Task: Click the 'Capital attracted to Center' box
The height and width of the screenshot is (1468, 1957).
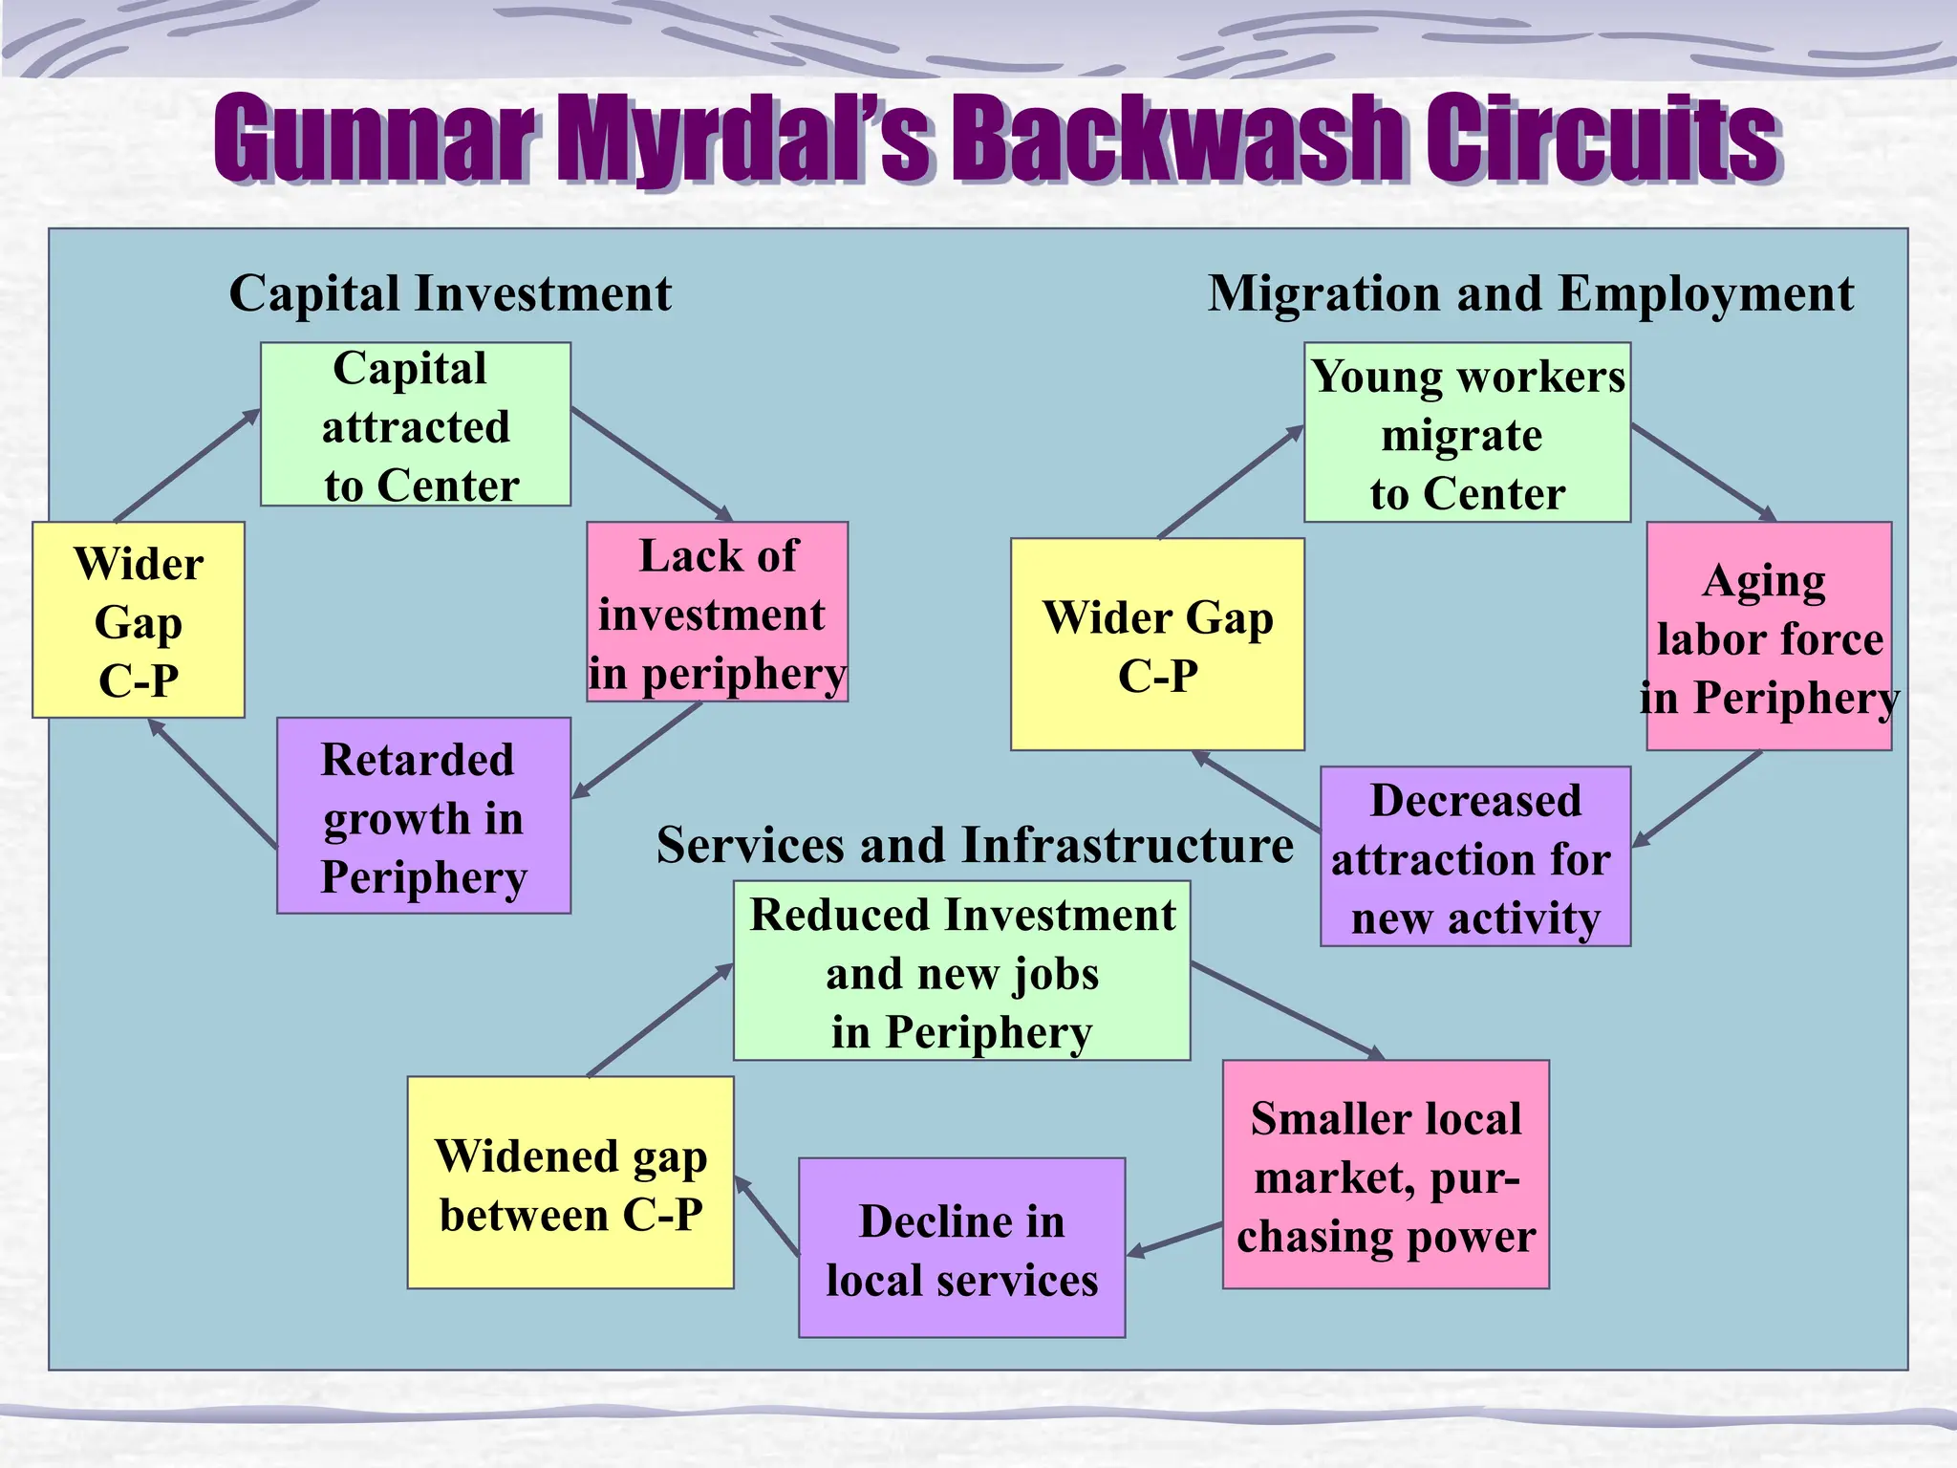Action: pyautogui.click(x=416, y=424)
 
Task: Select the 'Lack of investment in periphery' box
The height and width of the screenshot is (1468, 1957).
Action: pyautogui.click(x=717, y=612)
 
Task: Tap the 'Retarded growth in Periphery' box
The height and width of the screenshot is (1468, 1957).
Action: pyautogui.click(x=423, y=815)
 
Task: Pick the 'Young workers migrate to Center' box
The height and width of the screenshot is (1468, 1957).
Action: pyautogui.click(x=1467, y=432)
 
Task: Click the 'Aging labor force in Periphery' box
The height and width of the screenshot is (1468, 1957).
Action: pyautogui.click(x=1768, y=636)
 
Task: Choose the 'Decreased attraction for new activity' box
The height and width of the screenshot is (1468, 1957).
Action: pyautogui.click(x=1474, y=856)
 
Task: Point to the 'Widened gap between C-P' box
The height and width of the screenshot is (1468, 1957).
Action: pyautogui.click(x=570, y=1182)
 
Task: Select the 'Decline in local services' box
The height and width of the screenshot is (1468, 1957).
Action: pyautogui.click(x=961, y=1247)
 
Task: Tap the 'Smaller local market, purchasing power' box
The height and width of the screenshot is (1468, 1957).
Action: pyautogui.click(x=1386, y=1174)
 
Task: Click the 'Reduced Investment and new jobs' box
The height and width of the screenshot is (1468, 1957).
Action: pyautogui.click(x=961, y=970)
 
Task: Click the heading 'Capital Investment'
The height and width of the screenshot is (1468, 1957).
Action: pyautogui.click(x=450, y=292)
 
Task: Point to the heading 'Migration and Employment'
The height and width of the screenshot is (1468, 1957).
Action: pyautogui.click(x=1530, y=292)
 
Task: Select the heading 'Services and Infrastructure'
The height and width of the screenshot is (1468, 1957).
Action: pyautogui.click(x=975, y=845)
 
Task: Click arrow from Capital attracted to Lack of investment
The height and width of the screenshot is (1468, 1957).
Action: pyautogui.click(x=652, y=464)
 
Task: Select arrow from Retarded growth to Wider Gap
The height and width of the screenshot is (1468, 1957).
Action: pyautogui.click(x=212, y=784)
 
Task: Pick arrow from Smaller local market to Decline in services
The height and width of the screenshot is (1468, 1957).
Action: pyautogui.click(x=1175, y=1239)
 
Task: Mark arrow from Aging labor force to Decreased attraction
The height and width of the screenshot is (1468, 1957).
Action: pyautogui.click(x=1697, y=799)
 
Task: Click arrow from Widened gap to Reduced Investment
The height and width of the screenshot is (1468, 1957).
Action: pyautogui.click(x=659, y=1021)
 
